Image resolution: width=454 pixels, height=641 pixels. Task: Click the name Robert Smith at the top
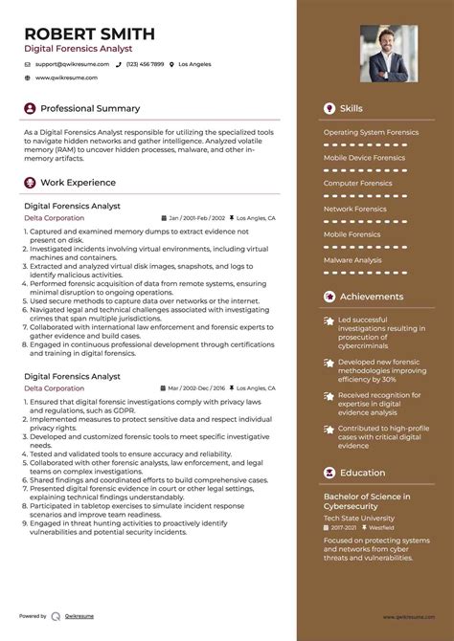(90, 33)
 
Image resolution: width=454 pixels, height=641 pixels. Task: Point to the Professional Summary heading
(90, 108)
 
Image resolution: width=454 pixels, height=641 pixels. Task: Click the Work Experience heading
(78, 182)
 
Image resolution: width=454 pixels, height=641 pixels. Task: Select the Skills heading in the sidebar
(352, 108)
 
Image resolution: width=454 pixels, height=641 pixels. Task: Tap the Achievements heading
(371, 297)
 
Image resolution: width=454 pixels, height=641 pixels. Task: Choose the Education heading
(362, 473)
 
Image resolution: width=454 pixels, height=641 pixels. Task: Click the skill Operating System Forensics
(371, 132)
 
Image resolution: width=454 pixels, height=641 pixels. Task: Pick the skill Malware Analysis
(352, 259)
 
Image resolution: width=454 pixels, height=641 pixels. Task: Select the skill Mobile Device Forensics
(364, 158)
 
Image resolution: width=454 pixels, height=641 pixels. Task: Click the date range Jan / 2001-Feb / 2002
(197, 218)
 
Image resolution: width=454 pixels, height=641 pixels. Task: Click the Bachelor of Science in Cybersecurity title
(367, 501)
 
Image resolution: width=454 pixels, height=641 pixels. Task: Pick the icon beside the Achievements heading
(330, 297)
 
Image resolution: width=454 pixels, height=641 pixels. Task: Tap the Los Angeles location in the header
(194, 64)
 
